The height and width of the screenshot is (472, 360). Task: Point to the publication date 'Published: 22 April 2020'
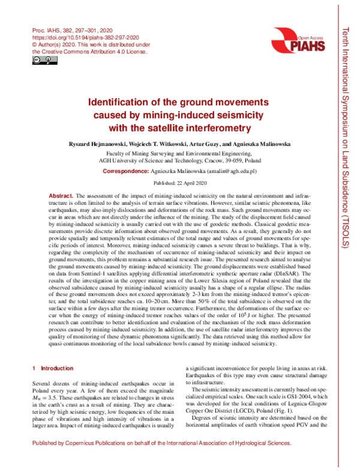tap(180, 183)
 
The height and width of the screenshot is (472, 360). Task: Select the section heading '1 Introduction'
tap(54, 367)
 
